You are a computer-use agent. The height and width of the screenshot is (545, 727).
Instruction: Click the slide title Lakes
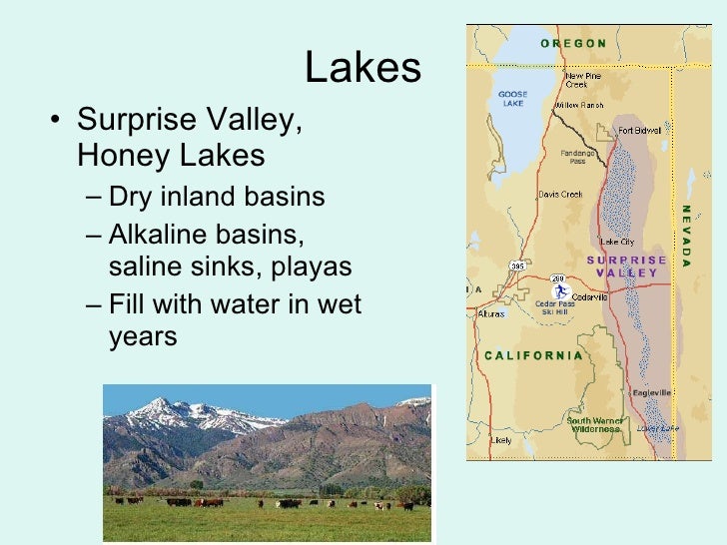[363, 68]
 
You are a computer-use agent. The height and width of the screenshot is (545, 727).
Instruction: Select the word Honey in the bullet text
[115, 155]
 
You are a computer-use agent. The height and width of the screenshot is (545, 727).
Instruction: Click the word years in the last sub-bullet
[142, 336]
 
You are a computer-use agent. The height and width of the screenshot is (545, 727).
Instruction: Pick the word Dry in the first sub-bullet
[126, 196]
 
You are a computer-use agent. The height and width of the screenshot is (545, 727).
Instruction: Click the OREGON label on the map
[573, 43]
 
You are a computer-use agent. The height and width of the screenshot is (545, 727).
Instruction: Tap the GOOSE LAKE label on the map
[512, 99]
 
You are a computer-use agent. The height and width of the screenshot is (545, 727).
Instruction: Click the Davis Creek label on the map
[559, 194]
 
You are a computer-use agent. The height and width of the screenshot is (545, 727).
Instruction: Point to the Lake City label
[616, 242]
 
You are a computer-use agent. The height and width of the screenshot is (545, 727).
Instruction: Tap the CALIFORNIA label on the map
[532, 355]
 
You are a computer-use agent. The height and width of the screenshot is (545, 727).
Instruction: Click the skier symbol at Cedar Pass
[562, 291]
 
